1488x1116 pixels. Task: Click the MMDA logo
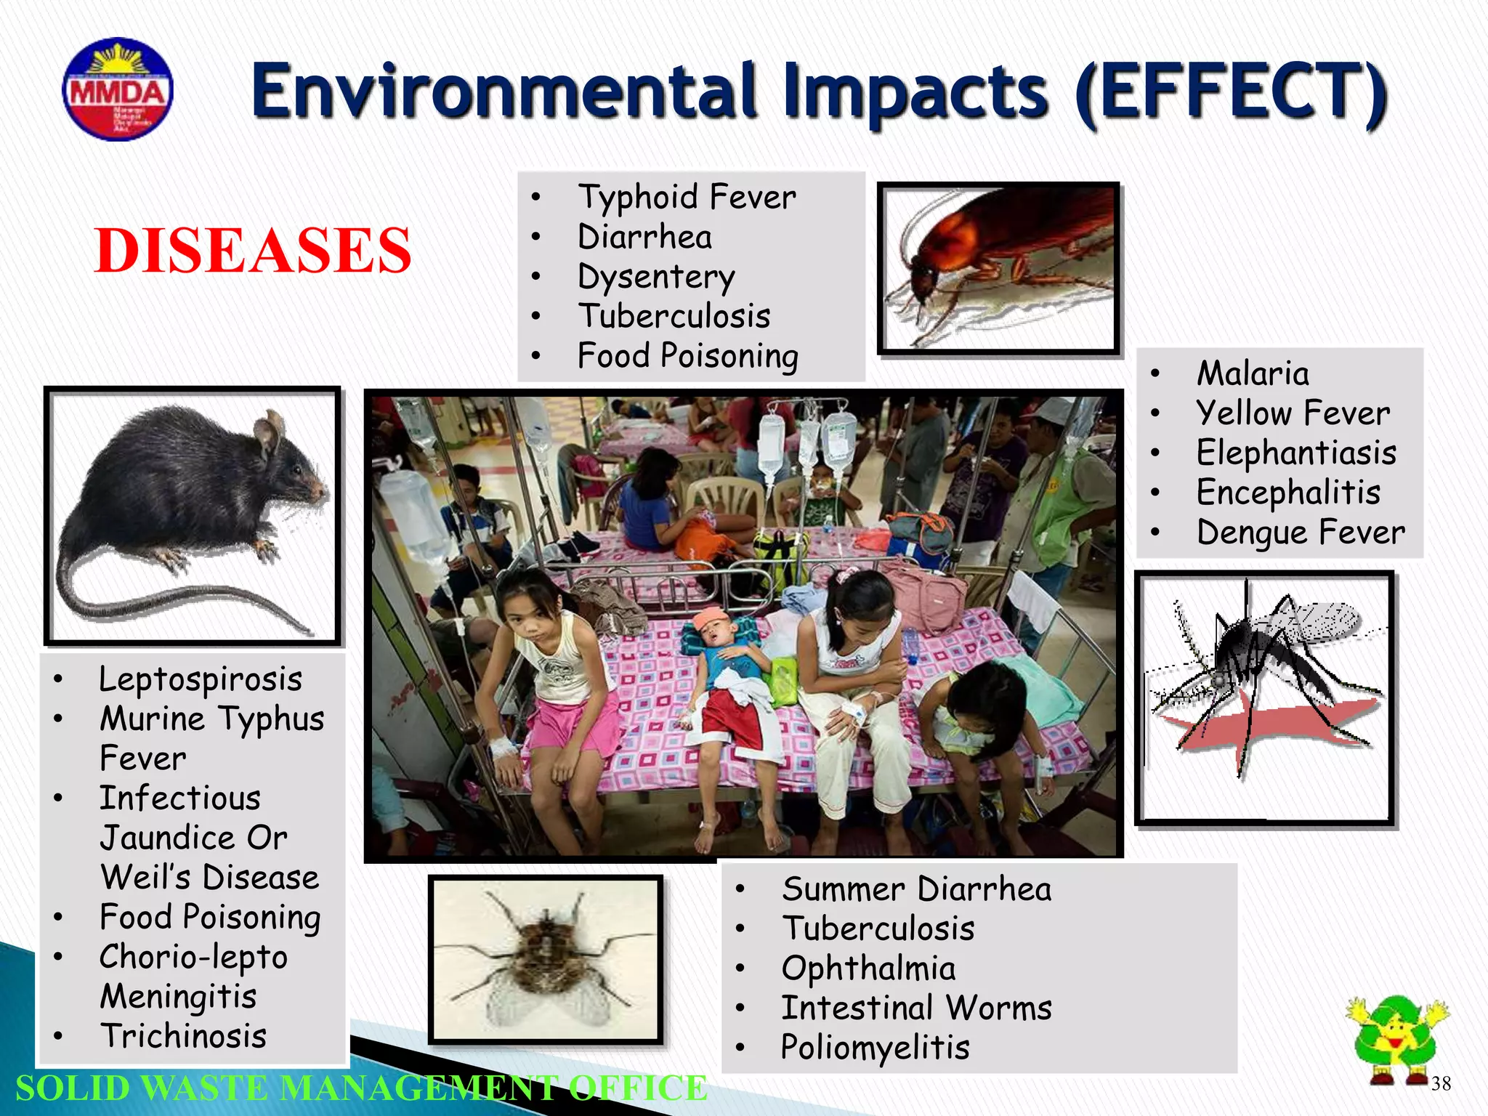point(118,89)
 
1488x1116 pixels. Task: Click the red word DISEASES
point(253,250)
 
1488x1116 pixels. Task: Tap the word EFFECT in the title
point(1230,92)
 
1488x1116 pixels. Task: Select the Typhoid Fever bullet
point(686,197)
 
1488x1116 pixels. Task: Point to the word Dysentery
point(656,277)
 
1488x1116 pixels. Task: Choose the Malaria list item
point(1253,373)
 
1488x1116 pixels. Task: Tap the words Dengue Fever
point(1301,532)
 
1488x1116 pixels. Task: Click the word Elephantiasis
point(1296,453)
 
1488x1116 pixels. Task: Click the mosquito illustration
point(1264,697)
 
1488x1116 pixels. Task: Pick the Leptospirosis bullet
point(201,679)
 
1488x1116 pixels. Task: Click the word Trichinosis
point(184,1036)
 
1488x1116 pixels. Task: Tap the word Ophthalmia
point(868,969)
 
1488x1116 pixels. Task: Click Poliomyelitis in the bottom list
point(875,1048)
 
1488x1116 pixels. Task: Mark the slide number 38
point(1441,1084)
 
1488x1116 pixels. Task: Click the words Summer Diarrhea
point(916,889)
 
